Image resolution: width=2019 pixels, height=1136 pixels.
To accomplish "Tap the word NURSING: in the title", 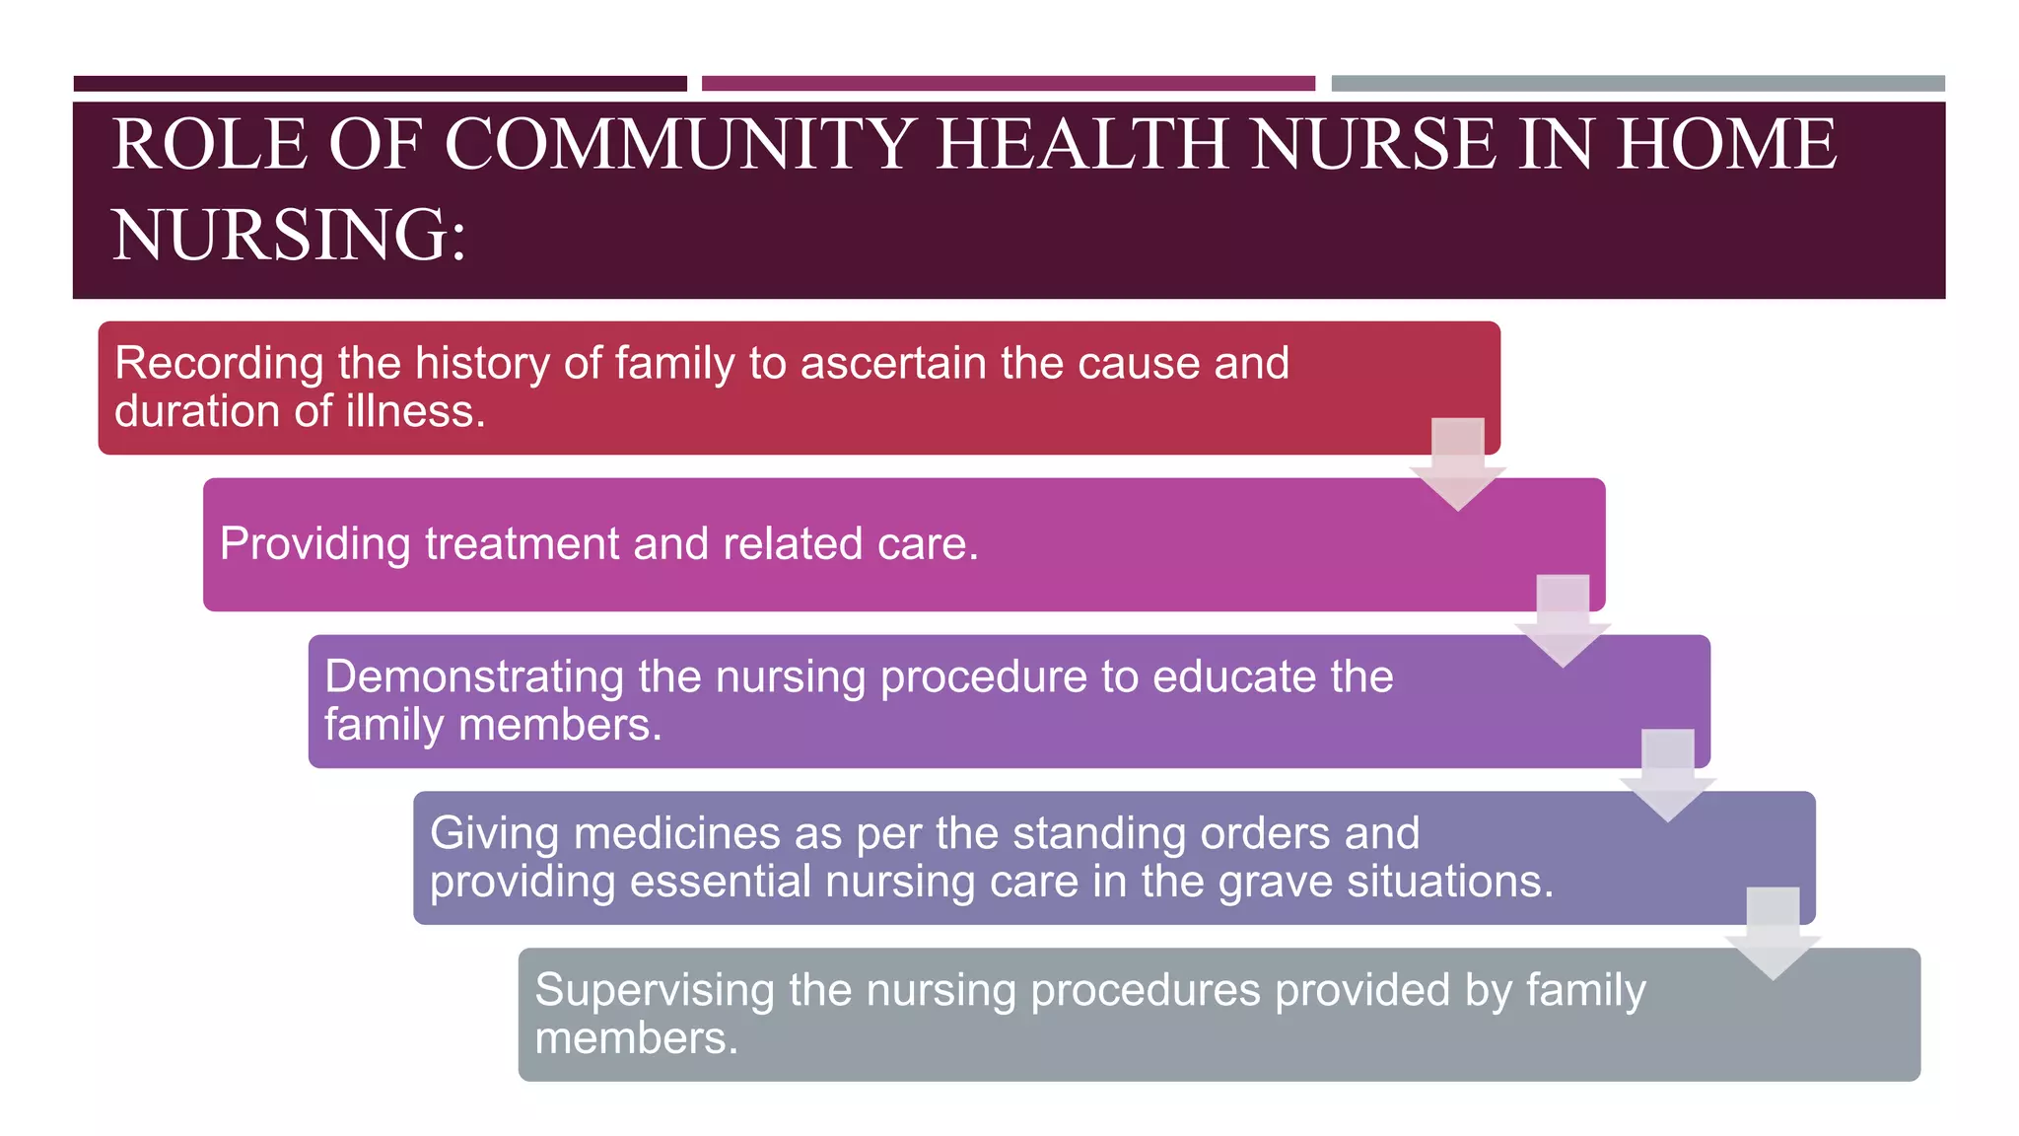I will coord(289,236).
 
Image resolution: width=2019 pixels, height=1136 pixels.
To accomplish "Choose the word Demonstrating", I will coord(473,676).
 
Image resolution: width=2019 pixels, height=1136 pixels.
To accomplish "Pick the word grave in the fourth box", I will coord(1276,881).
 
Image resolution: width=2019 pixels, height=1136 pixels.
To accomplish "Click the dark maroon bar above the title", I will coord(380,84).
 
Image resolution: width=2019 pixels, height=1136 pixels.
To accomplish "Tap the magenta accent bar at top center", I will coord(1008,84).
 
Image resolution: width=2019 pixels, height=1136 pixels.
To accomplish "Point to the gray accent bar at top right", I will coord(1637,84).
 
